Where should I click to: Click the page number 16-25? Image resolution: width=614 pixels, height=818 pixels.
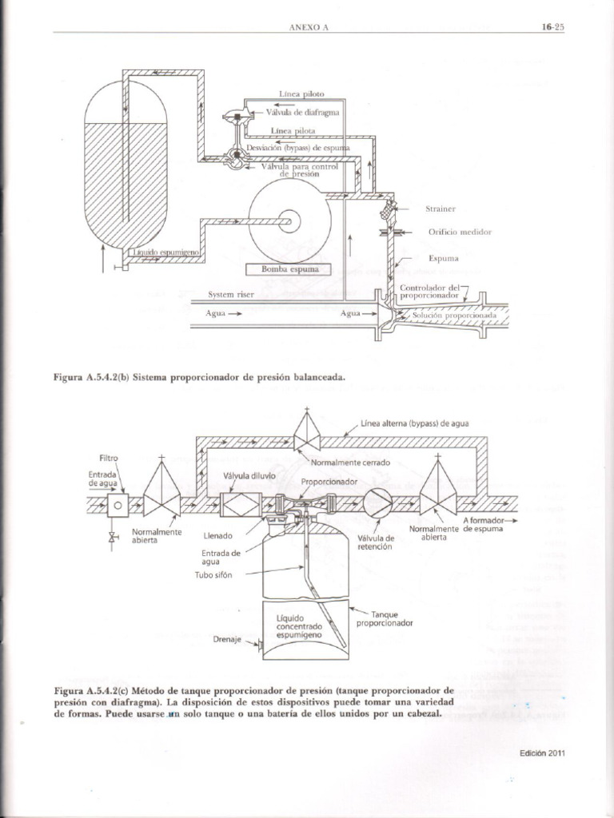tap(552, 26)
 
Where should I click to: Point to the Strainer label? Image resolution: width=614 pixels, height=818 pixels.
tap(441, 208)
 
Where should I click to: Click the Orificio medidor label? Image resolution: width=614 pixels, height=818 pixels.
tap(459, 232)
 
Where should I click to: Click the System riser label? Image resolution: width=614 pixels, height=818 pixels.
tap(230, 294)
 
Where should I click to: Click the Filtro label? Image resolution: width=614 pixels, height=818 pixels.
tap(109, 458)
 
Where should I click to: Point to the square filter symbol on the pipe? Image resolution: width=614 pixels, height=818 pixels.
tap(118, 505)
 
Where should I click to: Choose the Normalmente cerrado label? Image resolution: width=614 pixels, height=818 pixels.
tap(350, 463)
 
